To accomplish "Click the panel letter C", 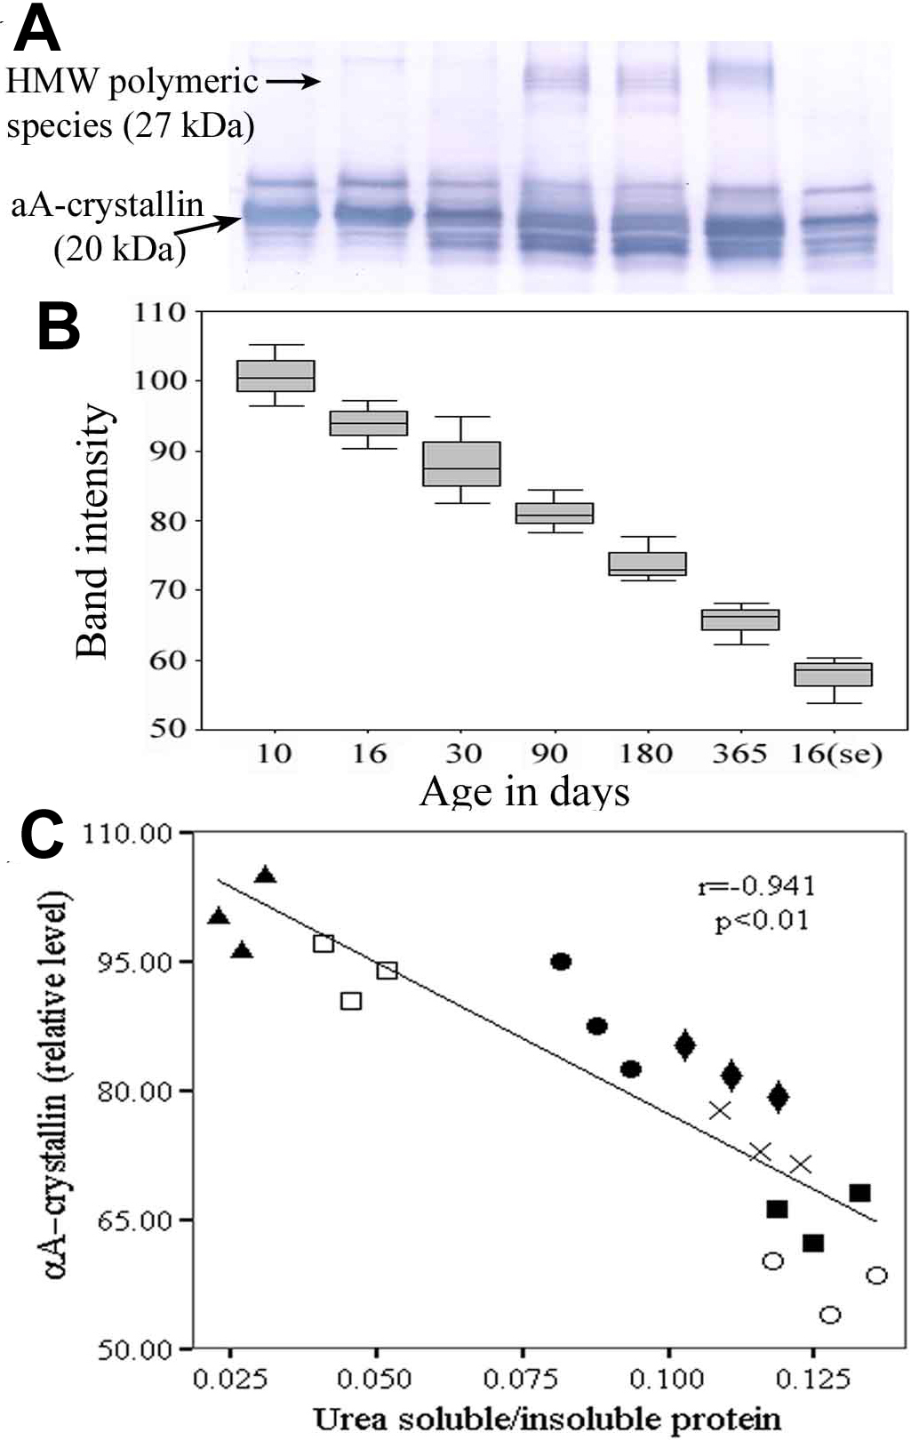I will [42, 835].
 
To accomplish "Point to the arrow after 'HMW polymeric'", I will [292, 82].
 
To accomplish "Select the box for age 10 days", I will [276, 376].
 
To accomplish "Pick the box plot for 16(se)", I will [834, 675].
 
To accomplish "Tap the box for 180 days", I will [647, 564].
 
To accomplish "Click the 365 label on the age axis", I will [739, 754].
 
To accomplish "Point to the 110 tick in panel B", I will [160, 313].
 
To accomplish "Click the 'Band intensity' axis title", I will [92, 532].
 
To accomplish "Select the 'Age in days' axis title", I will [524, 791].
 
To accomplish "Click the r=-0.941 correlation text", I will [756, 885].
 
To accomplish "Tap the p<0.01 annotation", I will [762, 919].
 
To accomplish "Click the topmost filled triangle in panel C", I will [265, 876].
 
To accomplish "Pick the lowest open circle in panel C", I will [830, 1315].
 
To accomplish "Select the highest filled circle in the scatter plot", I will [561, 962].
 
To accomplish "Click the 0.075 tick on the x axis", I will [521, 1379].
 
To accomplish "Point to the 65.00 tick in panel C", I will [134, 1220].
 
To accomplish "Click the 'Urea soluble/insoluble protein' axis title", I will [547, 1419].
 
